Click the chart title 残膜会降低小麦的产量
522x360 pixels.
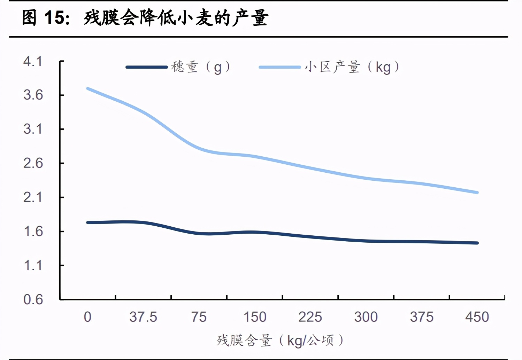[x=176, y=18]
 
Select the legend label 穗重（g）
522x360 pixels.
[x=201, y=67]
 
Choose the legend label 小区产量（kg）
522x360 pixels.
[x=352, y=67]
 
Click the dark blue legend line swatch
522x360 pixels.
[x=147, y=67]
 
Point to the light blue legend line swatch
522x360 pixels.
[x=279, y=67]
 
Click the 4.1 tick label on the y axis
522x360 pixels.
[x=33, y=62]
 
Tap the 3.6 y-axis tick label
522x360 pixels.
[x=33, y=95]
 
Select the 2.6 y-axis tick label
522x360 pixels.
[x=33, y=163]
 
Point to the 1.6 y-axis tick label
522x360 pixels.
[x=33, y=232]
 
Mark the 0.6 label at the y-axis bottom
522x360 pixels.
[x=33, y=299]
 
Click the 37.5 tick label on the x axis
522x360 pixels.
[x=143, y=317]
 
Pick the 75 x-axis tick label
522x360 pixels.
[x=199, y=317]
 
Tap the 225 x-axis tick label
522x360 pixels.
[x=310, y=317]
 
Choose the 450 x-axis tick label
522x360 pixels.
[x=477, y=317]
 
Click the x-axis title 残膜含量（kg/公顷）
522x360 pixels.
[x=280, y=340]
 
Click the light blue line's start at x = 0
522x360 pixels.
[x=87, y=89]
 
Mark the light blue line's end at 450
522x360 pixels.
[x=477, y=193]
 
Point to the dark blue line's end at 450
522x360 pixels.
[x=477, y=243]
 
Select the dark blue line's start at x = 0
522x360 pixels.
[x=87, y=222]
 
